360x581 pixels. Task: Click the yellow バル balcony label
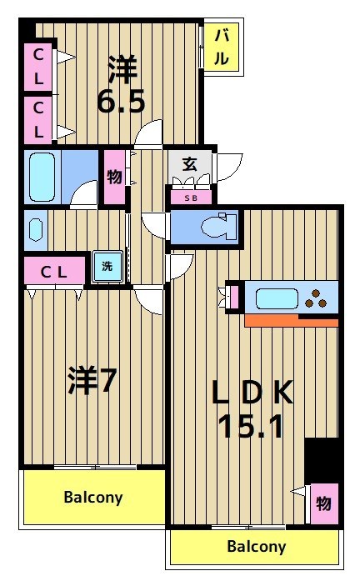[x=222, y=47]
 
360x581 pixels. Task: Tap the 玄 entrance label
[x=189, y=164]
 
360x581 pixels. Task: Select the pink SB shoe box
[x=191, y=198]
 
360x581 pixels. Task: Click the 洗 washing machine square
[x=106, y=268]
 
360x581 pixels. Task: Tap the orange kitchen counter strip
[x=292, y=321]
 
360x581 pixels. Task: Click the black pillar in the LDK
[x=322, y=458]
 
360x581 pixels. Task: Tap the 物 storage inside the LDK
[x=322, y=504]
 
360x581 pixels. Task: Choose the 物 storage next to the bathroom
[x=113, y=177]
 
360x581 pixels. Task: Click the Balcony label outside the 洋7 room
[x=93, y=498]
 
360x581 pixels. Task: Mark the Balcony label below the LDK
[x=256, y=547]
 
